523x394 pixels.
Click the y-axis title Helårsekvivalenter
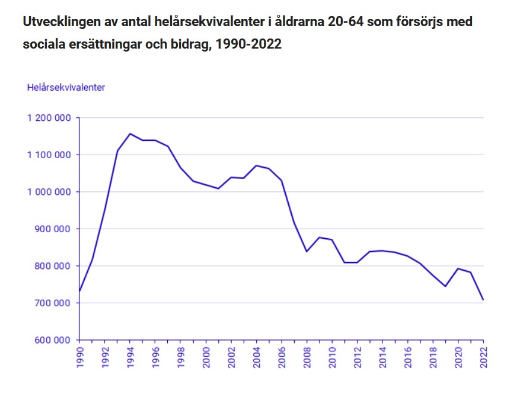(x=66, y=87)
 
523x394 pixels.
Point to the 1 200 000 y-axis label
(x=49, y=118)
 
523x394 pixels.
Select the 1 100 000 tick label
(x=49, y=155)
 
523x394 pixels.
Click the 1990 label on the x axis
(x=79, y=358)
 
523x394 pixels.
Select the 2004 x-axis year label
(x=256, y=358)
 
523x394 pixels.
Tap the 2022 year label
(x=483, y=358)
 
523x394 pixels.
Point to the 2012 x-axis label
(x=357, y=358)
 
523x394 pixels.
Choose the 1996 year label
(x=155, y=358)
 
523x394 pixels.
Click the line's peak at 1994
(x=130, y=134)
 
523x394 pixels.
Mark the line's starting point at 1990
(x=79, y=291)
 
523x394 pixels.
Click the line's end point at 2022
(x=483, y=300)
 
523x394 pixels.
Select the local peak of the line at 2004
(x=256, y=165)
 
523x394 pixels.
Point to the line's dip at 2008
(x=307, y=251)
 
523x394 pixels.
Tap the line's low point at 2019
(x=445, y=286)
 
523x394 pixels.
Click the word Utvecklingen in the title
(x=59, y=22)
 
